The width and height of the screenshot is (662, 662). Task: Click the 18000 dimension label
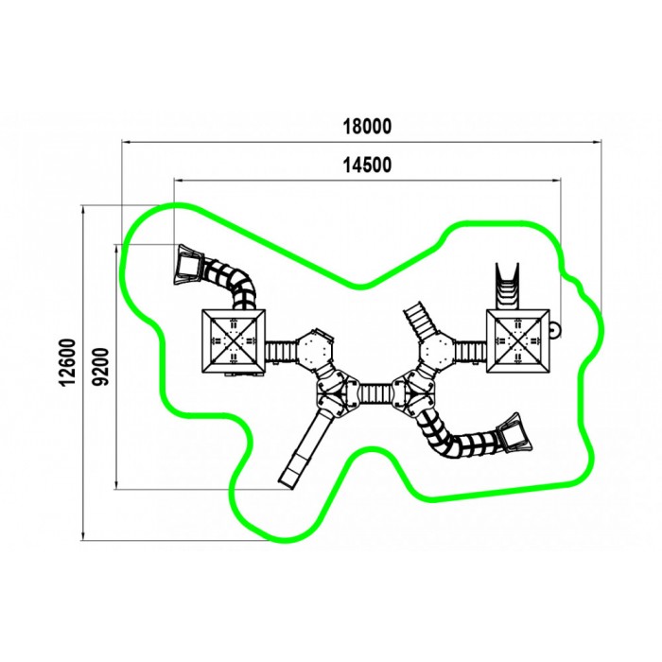click(367, 126)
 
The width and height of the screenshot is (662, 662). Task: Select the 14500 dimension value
click(367, 165)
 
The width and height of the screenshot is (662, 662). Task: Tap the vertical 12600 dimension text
click(68, 362)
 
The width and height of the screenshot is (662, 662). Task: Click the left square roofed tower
click(234, 341)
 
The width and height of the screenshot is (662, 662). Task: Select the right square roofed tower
click(518, 341)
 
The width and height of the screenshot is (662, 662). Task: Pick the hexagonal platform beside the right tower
click(437, 351)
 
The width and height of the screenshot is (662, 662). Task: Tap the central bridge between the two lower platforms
click(375, 393)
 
